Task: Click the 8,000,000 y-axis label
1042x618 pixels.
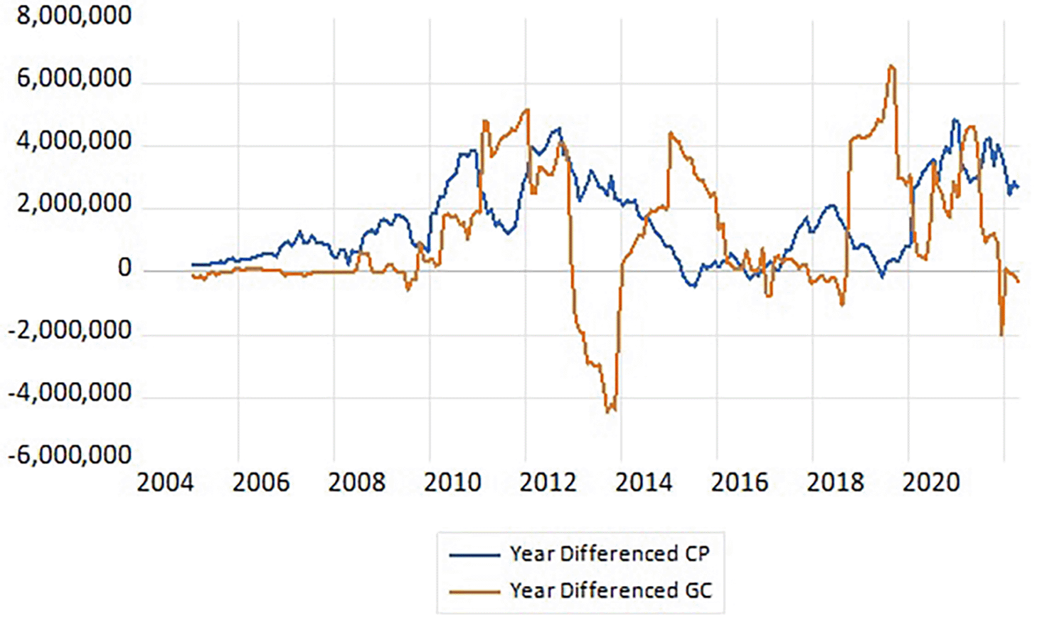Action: click(74, 16)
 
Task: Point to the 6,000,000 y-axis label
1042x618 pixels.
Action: click(74, 78)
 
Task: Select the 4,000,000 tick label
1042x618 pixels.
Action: click(74, 142)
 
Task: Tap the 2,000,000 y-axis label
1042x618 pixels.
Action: click(74, 204)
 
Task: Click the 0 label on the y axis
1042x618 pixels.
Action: click(124, 268)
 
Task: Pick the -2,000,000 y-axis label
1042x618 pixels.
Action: click(70, 331)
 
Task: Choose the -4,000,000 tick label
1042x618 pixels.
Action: click(70, 393)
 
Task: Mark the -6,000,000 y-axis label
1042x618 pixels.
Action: click(70, 455)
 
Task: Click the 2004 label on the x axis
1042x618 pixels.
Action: click(165, 483)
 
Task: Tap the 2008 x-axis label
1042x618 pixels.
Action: click(356, 483)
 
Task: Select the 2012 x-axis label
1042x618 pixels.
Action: click(548, 483)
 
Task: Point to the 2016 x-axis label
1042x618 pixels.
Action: click(740, 483)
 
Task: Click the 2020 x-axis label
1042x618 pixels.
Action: click(931, 483)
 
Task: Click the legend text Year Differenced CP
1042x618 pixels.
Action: click(610, 554)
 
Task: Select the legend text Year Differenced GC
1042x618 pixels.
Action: click(610, 590)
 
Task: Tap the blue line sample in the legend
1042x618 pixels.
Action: click(474, 555)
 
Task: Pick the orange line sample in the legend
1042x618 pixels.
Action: click(474, 591)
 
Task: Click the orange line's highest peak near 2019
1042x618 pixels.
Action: click(891, 67)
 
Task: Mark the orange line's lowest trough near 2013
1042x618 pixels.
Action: click(609, 411)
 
